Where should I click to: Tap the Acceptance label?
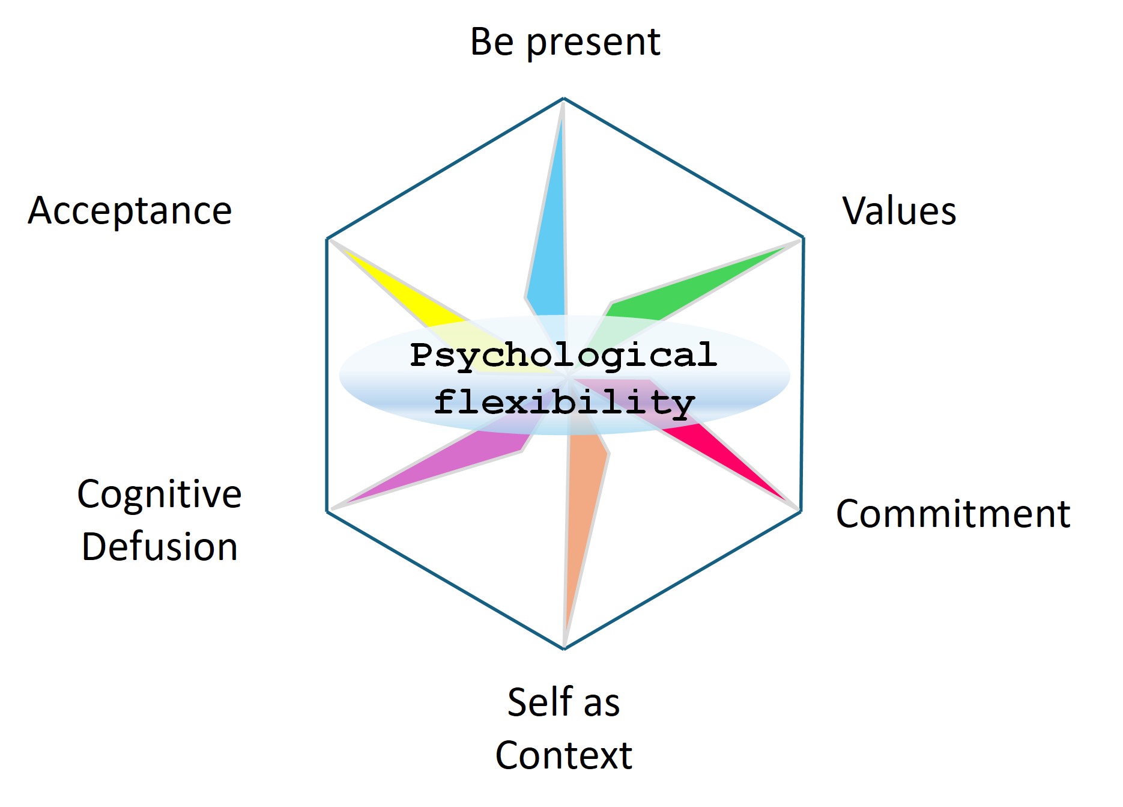tap(130, 211)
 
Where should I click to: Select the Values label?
tap(899, 211)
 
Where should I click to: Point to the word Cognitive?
tap(160, 494)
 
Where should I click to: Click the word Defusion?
tap(160, 547)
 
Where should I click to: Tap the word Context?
tap(564, 755)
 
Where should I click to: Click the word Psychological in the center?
tap(563, 355)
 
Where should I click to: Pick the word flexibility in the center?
tap(565, 401)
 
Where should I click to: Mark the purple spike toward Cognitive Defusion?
tap(456, 463)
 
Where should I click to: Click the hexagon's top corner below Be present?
tap(564, 98)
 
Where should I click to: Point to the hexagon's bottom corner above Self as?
tap(564, 648)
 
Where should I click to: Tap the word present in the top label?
tap(593, 43)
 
